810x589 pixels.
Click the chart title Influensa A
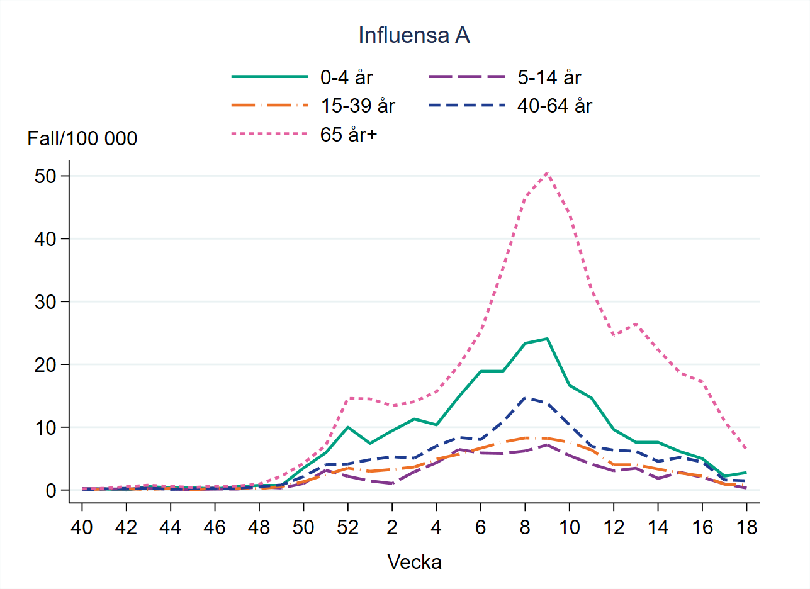[x=413, y=36]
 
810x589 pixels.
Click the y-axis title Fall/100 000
[x=82, y=138]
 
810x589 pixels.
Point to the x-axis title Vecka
[x=414, y=562]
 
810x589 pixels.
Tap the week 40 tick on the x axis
[x=82, y=527]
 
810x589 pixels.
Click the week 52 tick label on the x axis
[x=347, y=527]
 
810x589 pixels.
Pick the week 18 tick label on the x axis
[x=746, y=527]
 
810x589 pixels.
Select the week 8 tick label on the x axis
[x=525, y=527]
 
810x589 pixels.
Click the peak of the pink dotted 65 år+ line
[x=547, y=172]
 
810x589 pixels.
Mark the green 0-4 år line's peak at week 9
[x=547, y=339]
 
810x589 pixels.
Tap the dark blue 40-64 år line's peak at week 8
[x=525, y=398]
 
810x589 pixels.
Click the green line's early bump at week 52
[x=347, y=427]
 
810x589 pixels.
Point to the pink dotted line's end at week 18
[x=746, y=449]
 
